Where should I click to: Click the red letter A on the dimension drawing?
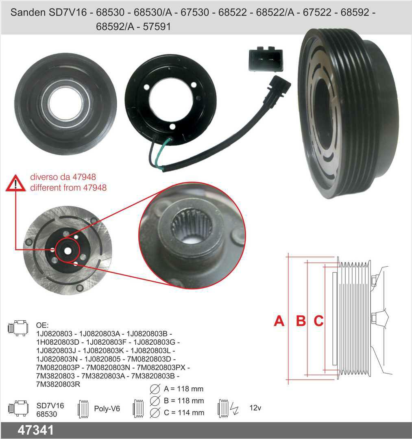[x=279, y=321]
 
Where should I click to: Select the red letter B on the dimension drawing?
[x=301, y=321]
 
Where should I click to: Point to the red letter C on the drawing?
[x=319, y=321]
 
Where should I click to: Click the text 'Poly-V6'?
[x=107, y=409]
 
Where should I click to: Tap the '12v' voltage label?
[x=255, y=408]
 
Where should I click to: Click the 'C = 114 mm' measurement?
[x=184, y=413]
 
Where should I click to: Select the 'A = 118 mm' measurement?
[x=184, y=389]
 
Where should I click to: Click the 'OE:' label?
[x=42, y=325]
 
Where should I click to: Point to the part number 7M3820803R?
[x=58, y=385]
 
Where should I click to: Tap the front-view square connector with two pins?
[x=266, y=59]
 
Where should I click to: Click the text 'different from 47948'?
[x=68, y=187]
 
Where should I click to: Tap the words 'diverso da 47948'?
[x=63, y=177]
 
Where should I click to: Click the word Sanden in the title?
[x=28, y=13]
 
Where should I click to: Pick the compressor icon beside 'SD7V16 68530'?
[x=18, y=408]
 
